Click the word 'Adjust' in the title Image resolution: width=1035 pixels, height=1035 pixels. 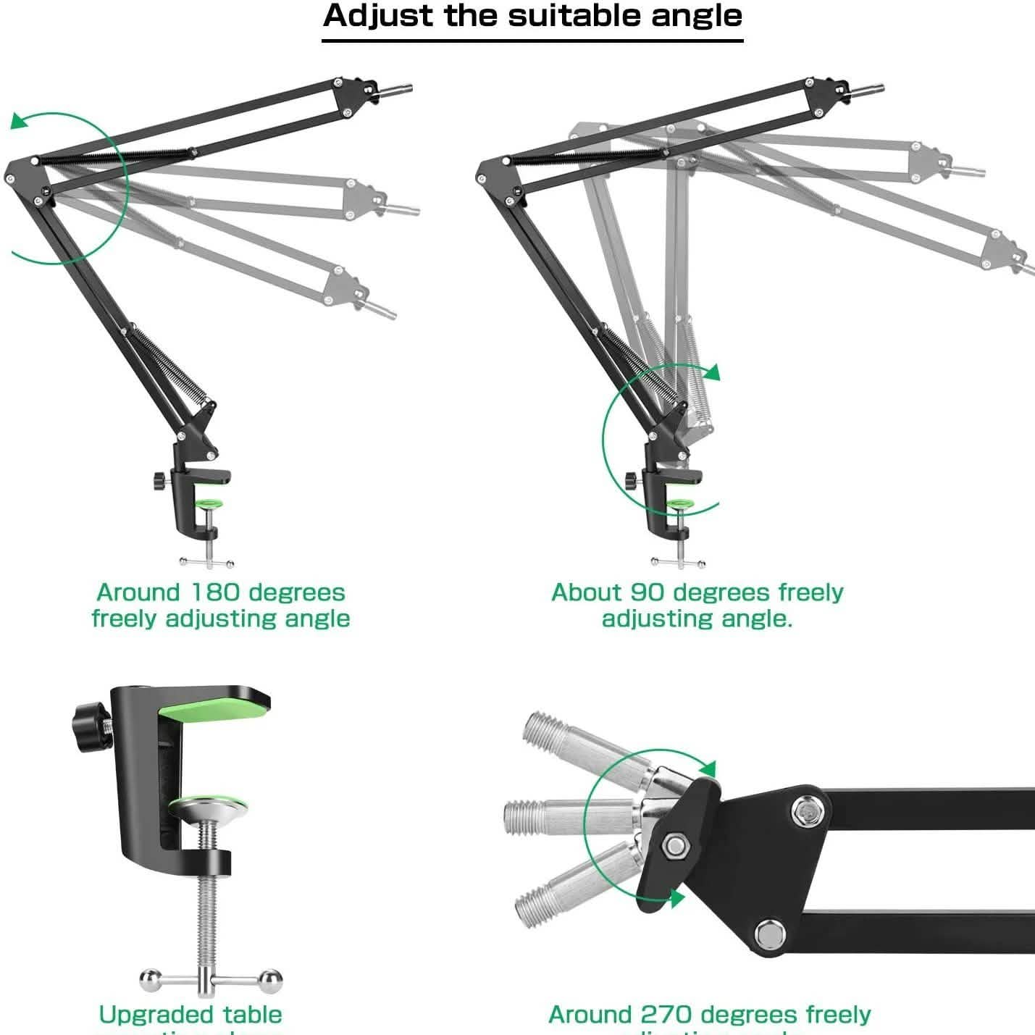click(377, 16)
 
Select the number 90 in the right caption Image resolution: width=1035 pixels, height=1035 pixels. click(648, 592)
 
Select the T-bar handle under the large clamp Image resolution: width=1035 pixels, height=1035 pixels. click(211, 981)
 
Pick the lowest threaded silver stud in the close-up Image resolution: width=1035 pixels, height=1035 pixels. click(572, 887)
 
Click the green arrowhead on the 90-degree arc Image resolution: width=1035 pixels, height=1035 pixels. click(713, 372)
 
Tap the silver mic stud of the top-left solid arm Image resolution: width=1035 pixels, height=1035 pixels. click(395, 91)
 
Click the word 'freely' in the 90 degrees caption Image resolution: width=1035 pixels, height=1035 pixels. click(810, 592)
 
